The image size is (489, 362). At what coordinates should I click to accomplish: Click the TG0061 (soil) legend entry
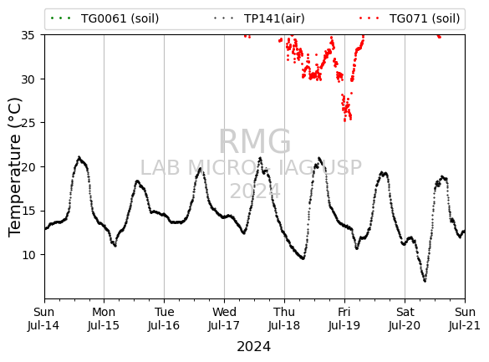pyautogui.click(x=104, y=18)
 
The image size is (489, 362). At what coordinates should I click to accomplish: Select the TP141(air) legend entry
pyautogui.click(x=259, y=18)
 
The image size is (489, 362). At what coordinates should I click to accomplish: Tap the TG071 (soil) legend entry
pyautogui.click(x=410, y=18)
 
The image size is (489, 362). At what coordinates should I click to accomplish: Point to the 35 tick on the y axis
pyautogui.click(x=28, y=35)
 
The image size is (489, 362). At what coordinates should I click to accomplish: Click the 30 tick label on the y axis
pyautogui.click(x=28, y=79)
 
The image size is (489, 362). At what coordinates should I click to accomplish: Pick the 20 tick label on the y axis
pyautogui.click(x=28, y=167)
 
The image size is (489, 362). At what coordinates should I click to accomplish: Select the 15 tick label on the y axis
pyautogui.click(x=28, y=211)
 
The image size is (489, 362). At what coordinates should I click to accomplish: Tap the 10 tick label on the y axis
pyautogui.click(x=28, y=255)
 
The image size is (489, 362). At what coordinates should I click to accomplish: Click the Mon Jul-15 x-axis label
pyautogui.click(x=104, y=319)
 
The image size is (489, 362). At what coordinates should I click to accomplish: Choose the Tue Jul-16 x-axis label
pyautogui.click(x=164, y=319)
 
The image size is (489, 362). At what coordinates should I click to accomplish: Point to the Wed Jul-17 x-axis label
pyautogui.click(x=224, y=319)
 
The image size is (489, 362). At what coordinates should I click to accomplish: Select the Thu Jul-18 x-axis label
pyautogui.click(x=284, y=319)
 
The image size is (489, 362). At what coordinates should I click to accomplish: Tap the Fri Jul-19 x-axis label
pyautogui.click(x=344, y=319)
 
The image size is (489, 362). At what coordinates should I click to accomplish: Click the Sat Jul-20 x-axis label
pyautogui.click(x=405, y=319)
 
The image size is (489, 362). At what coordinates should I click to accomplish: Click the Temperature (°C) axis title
pyautogui.click(x=15, y=167)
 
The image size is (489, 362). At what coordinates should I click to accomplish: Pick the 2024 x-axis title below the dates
pyautogui.click(x=254, y=347)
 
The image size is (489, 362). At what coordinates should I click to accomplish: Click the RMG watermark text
pyautogui.click(x=255, y=141)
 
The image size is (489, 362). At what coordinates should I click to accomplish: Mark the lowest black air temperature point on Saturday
pyautogui.click(x=425, y=281)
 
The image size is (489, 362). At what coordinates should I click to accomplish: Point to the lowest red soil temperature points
pyautogui.click(x=345, y=120)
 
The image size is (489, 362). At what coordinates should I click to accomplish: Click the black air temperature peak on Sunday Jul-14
pyautogui.click(x=79, y=157)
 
